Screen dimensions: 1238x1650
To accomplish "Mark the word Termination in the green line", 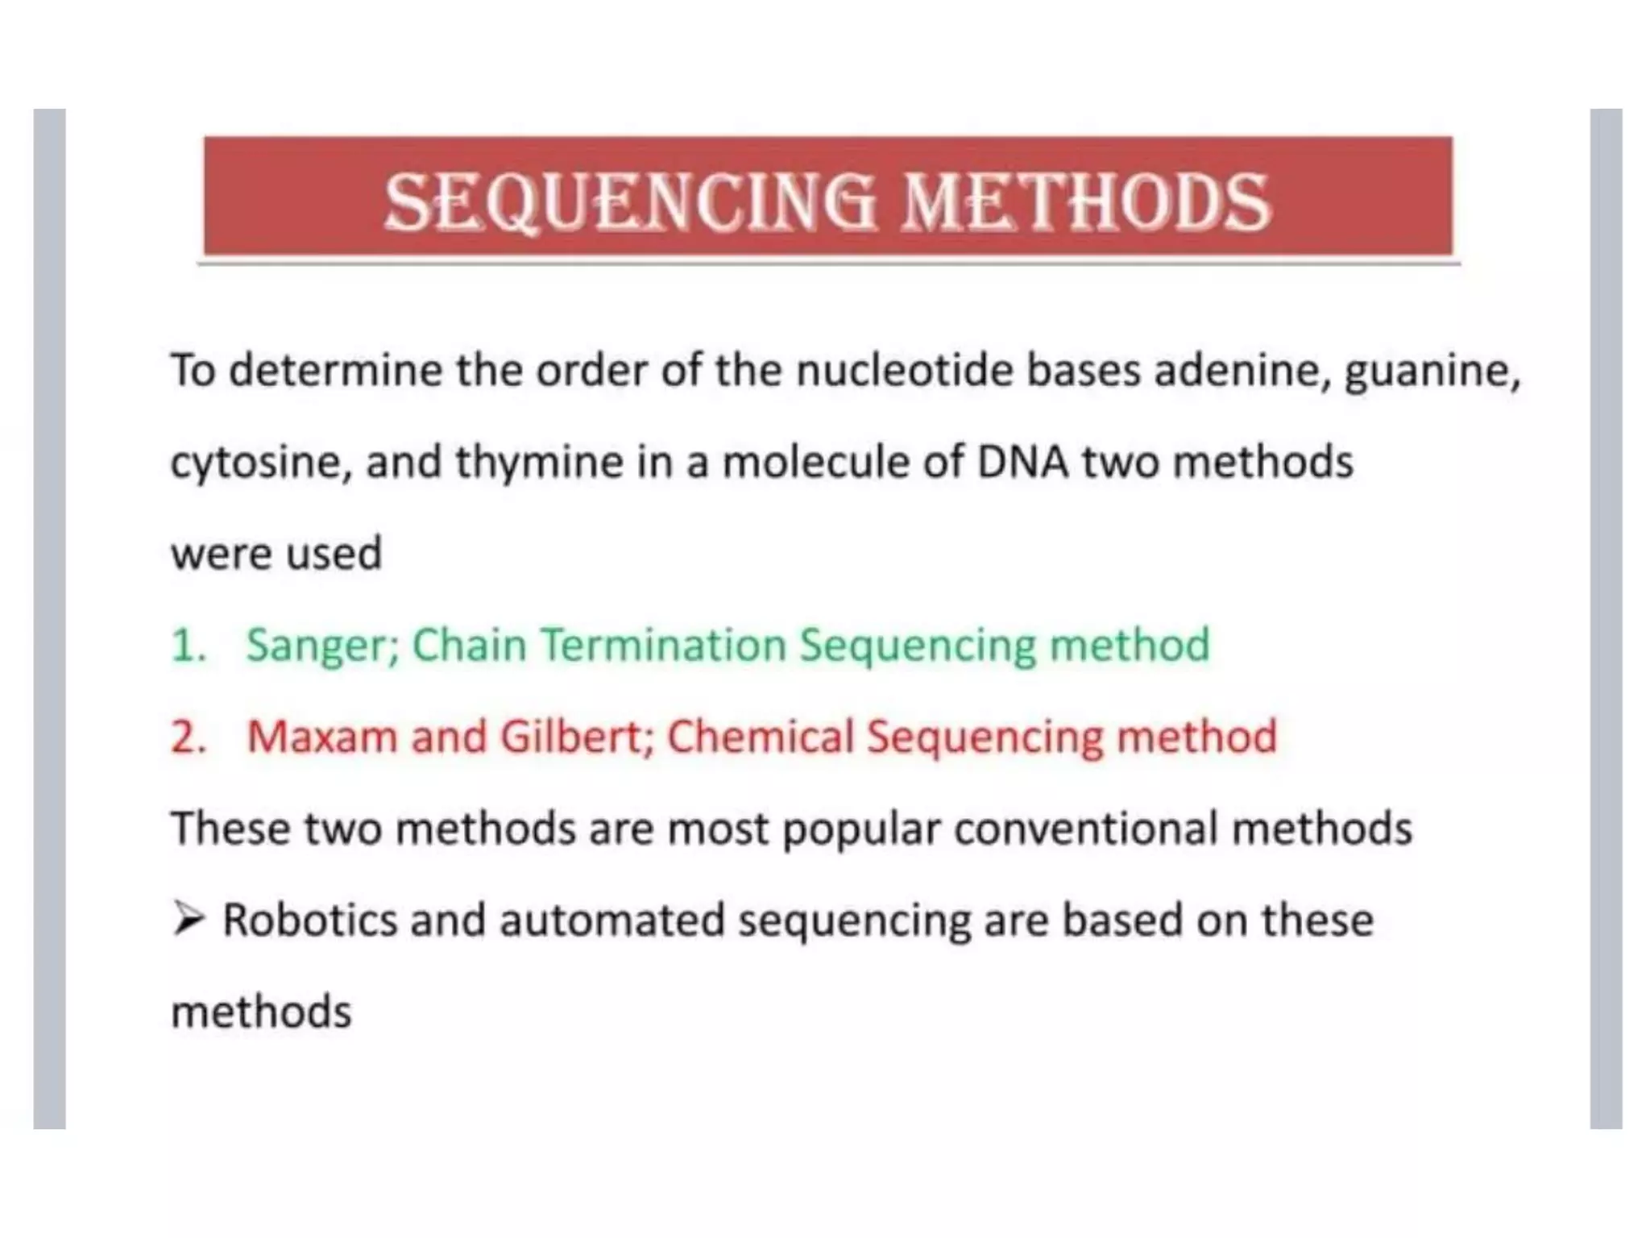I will (663, 645).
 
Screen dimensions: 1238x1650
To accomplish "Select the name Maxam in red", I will (322, 737).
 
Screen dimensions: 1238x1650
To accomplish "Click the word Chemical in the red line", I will (761, 737).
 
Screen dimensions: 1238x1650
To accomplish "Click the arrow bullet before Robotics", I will (189, 919).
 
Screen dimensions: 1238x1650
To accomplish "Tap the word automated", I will (611, 920).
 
